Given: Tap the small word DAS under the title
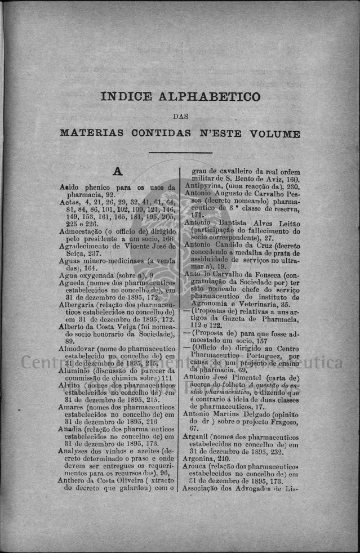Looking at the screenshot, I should click(x=180, y=117).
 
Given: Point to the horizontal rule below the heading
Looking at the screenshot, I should click(x=180, y=153).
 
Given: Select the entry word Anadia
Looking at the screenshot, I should click(x=73, y=430).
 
